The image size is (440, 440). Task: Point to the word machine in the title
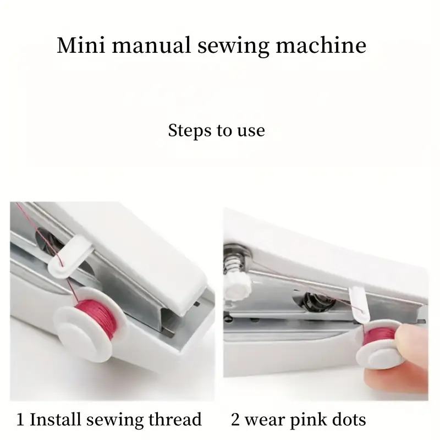click(x=321, y=45)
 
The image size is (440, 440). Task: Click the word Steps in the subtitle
click(x=188, y=131)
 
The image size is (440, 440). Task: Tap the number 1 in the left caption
click(x=20, y=420)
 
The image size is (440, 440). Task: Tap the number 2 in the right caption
click(x=236, y=420)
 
